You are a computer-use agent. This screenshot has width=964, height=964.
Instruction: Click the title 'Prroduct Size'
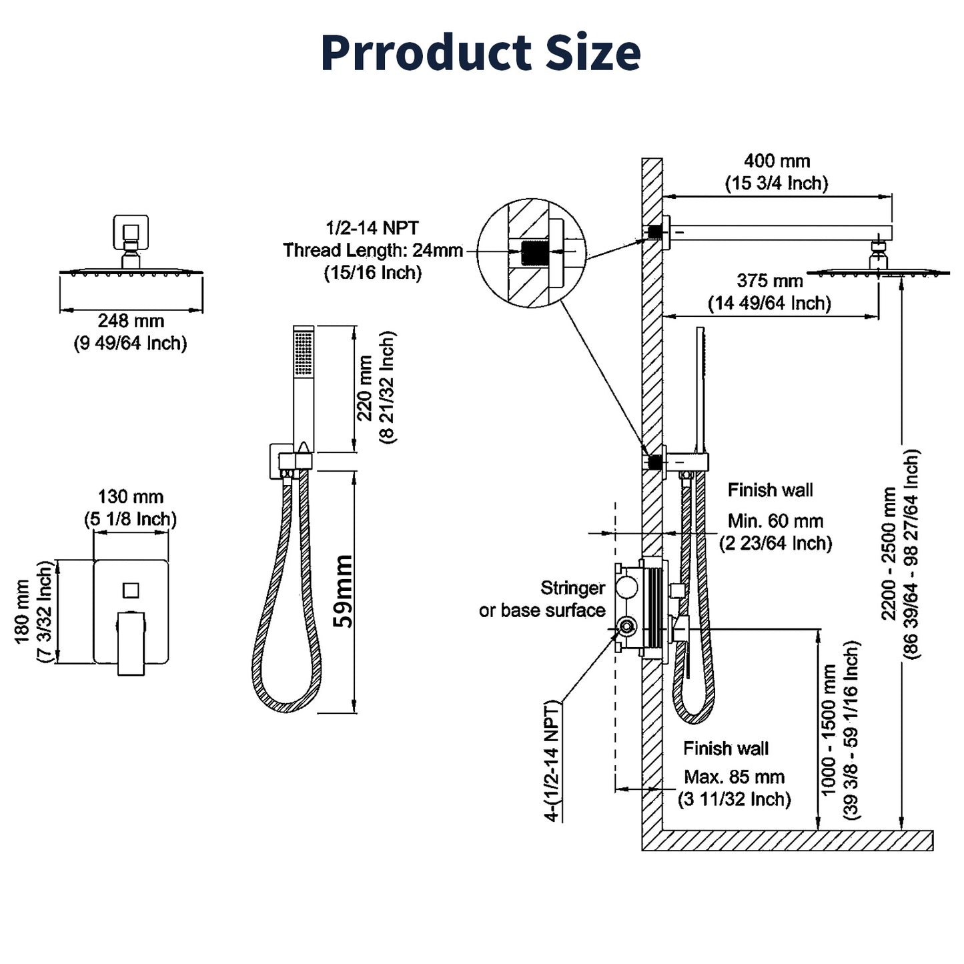pos(480,52)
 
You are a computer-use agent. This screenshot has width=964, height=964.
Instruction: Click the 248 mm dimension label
pos(131,321)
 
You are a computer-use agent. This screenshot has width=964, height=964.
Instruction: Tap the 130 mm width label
pos(131,497)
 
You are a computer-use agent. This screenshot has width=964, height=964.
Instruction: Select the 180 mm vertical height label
pos(22,612)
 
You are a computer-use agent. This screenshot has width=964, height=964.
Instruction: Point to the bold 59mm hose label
pos(343,592)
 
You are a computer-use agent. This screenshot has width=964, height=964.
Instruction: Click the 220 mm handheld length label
pos(365,388)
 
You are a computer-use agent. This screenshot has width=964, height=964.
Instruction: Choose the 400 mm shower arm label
pos(777,161)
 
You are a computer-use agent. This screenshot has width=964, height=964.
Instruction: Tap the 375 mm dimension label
pos(769,281)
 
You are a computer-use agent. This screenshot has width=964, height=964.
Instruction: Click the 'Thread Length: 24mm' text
pos(373,250)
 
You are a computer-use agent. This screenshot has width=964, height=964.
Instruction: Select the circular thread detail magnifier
pos(532,253)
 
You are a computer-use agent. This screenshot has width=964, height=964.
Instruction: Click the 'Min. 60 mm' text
pos(775,521)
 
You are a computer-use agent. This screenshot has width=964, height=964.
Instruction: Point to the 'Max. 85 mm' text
pos(734,777)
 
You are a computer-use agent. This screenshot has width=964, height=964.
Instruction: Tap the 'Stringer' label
pos(572,588)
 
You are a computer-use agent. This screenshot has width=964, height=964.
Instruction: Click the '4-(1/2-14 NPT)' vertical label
pos(552,761)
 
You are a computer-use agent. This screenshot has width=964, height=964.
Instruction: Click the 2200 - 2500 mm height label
pos(889,554)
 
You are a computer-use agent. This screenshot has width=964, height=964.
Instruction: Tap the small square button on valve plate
pos(131,590)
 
